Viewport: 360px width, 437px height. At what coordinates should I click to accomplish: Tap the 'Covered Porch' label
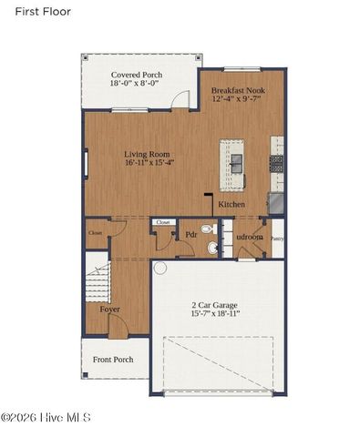(x=136, y=75)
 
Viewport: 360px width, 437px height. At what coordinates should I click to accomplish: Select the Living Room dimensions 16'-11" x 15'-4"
(x=150, y=165)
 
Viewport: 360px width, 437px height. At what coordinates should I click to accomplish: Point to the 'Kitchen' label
(x=231, y=205)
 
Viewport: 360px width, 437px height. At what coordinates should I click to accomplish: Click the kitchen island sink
(x=236, y=163)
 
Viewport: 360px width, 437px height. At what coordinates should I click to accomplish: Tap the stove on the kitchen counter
(x=276, y=162)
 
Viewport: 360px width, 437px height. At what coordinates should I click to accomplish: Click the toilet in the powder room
(x=208, y=229)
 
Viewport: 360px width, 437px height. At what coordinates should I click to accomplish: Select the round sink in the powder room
(x=213, y=247)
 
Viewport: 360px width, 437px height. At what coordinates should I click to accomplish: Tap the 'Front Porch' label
(x=113, y=360)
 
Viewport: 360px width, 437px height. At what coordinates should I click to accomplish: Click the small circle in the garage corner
(x=159, y=269)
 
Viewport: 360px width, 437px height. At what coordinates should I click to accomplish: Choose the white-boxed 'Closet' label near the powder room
(x=164, y=222)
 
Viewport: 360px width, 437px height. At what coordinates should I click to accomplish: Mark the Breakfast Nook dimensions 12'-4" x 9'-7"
(x=242, y=101)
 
